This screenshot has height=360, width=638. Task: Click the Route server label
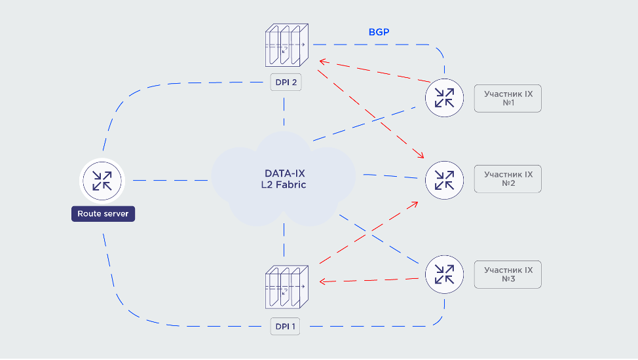point(103,214)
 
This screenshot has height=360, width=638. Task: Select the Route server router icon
point(102,180)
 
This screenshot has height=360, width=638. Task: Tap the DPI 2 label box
point(285,82)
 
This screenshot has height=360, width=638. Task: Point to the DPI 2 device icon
point(286,46)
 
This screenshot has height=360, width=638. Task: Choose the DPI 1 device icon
point(286,287)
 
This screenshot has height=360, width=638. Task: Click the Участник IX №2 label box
point(508,179)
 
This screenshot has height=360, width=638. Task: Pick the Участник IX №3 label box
point(508,274)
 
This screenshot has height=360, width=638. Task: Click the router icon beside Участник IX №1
point(444,98)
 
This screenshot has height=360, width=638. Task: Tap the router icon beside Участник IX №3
point(444,274)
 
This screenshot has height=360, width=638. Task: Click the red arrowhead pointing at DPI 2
point(322,62)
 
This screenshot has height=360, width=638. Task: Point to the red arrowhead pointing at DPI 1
point(322,281)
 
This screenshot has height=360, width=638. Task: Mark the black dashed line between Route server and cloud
point(170,180)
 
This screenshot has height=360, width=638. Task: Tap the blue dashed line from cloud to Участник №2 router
point(390,177)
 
